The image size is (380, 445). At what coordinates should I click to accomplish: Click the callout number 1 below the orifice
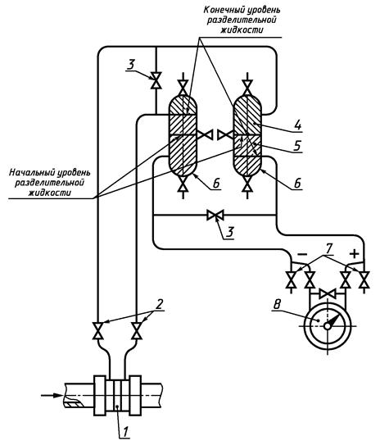tap(125, 432)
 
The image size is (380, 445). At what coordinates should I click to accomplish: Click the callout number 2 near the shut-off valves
tap(160, 304)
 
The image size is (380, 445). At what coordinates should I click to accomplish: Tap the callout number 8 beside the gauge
tap(277, 305)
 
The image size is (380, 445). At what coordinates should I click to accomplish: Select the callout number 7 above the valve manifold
tap(328, 249)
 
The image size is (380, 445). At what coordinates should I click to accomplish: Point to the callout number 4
tap(298, 125)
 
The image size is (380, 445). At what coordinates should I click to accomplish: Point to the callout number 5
tap(297, 146)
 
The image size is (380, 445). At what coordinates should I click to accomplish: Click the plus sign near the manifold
tap(355, 254)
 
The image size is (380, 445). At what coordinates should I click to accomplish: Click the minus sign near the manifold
tap(302, 255)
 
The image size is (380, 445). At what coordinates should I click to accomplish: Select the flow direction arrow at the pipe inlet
tap(52, 395)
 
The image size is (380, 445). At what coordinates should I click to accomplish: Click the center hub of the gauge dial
tap(328, 326)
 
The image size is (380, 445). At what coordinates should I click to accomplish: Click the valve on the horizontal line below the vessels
tap(215, 216)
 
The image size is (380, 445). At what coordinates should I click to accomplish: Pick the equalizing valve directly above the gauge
tap(328, 293)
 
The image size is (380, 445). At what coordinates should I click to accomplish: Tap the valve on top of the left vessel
tap(183, 87)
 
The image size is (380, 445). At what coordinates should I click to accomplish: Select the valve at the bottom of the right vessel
tap(247, 183)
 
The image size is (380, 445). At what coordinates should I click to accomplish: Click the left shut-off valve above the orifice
tap(97, 330)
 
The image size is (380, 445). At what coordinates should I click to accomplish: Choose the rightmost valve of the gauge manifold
tap(364, 280)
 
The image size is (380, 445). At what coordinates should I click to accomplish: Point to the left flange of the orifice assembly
tap(100, 396)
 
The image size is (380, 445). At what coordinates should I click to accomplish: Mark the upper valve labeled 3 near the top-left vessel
tap(156, 80)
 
